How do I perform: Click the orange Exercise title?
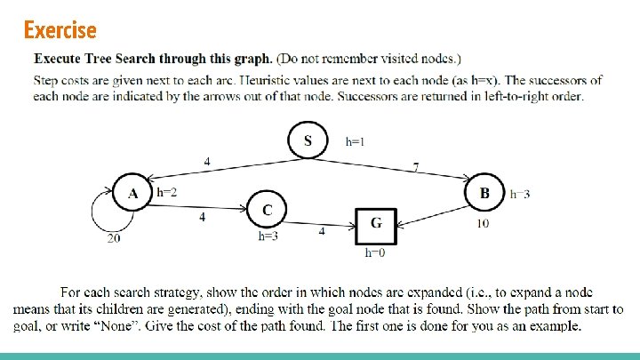tap(60, 30)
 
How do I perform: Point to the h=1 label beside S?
tap(355, 141)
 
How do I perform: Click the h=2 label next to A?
tap(166, 192)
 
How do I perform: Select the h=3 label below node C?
tap(268, 236)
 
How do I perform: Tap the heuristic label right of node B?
tap(520, 195)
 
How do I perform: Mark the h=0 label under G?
tap(375, 252)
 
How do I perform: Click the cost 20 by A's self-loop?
tap(114, 238)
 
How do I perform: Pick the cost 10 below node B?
tap(483, 223)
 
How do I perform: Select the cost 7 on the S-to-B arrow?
tap(415, 167)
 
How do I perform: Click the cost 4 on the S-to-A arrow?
tap(207, 162)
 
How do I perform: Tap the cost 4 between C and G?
tap(322, 231)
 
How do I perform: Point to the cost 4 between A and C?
tap(202, 217)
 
